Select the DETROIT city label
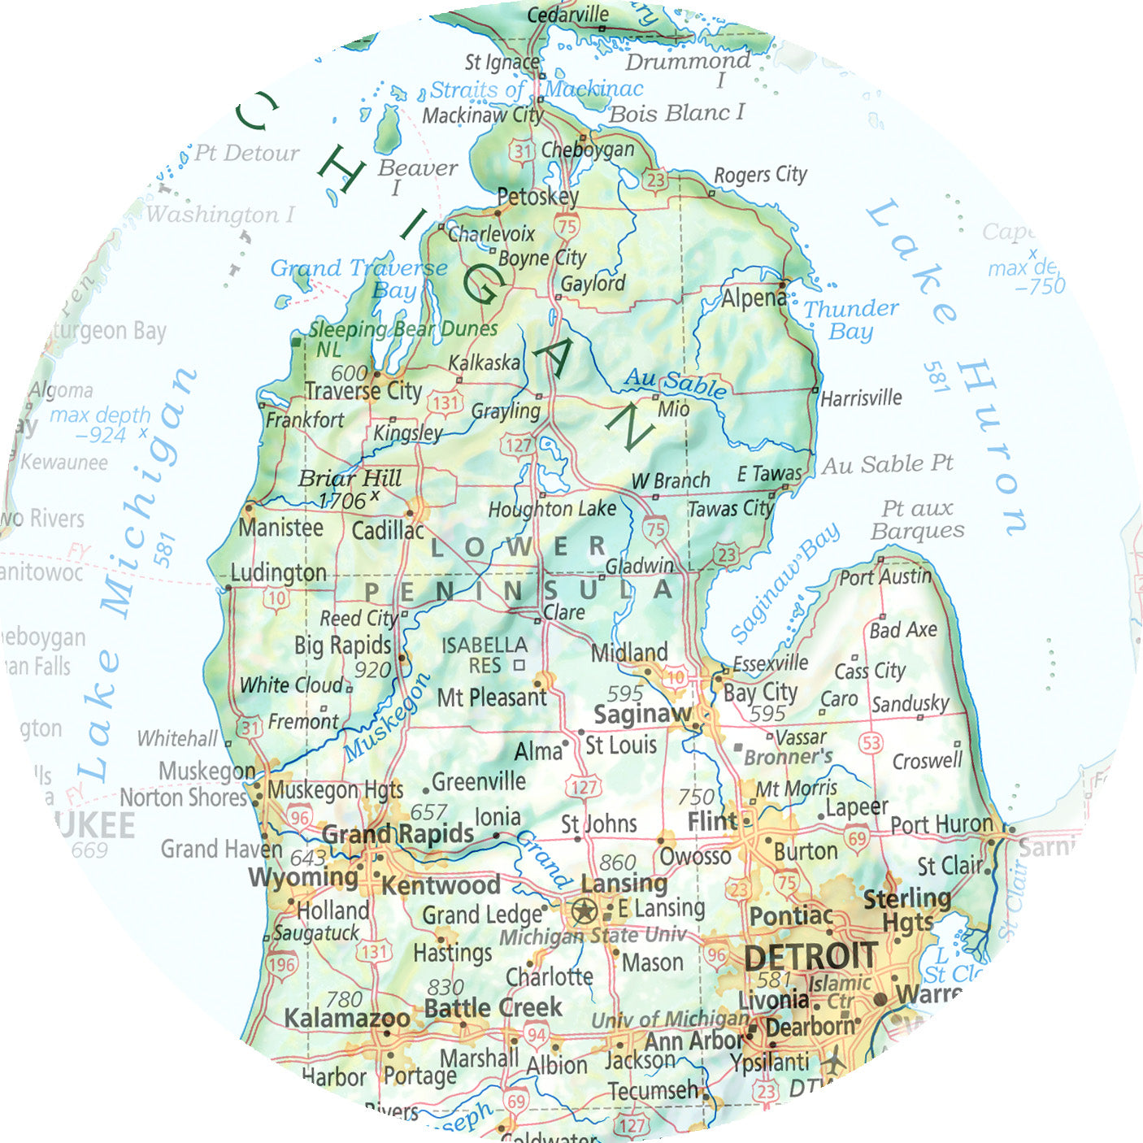[810, 956]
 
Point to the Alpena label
[753, 298]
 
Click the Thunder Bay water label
[850, 319]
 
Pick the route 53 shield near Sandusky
[871, 741]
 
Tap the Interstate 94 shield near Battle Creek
[536, 1035]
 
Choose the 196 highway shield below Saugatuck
[281, 965]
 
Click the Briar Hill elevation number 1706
[342, 501]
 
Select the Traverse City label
[363, 391]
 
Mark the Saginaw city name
[641, 715]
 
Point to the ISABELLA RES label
[485, 655]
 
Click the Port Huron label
[941, 824]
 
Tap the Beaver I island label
[417, 176]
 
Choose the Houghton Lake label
[552, 510]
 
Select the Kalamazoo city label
[346, 1018]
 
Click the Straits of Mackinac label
[536, 89]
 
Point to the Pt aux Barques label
[917, 519]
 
